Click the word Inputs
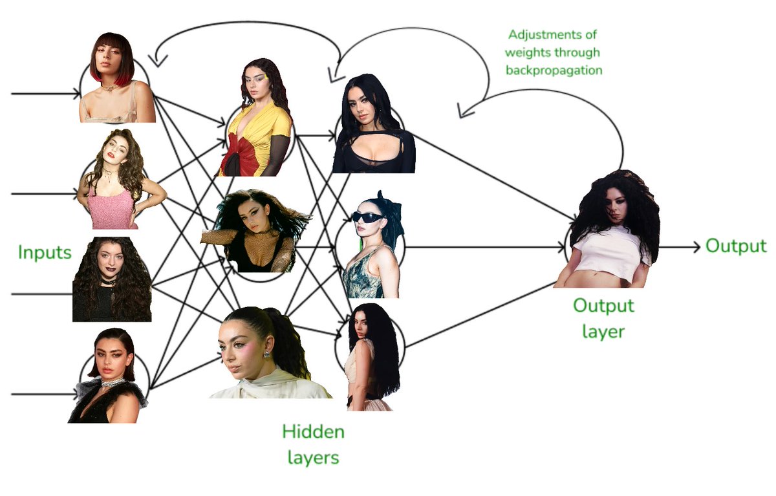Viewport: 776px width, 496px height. pos(45,252)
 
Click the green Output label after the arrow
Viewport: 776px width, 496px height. pos(735,246)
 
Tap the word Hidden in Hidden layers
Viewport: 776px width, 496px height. pos(313,431)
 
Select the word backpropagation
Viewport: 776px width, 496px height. pos(555,69)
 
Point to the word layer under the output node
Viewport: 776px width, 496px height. pos(603,331)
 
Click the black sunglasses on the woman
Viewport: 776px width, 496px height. pos(368,217)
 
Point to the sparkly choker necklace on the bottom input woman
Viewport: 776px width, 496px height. pos(111,382)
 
